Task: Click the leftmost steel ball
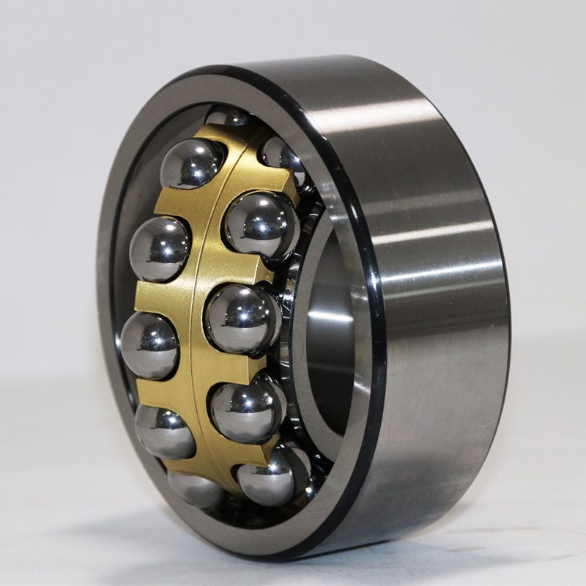(149, 344)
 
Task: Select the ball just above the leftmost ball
(160, 249)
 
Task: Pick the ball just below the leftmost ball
(165, 431)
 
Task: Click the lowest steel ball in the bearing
(196, 489)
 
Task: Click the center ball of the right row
(242, 318)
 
